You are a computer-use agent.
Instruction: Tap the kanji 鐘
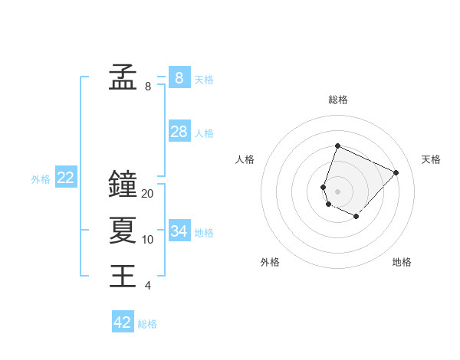(x=123, y=184)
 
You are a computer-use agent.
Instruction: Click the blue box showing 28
(x=179, y=132)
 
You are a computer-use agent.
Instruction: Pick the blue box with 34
(x=179, y=231)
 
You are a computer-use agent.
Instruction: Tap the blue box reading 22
(x=66, y=178)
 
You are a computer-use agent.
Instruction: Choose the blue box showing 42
(x=123, y=322)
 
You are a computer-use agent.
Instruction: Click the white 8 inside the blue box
(x=179, y=77)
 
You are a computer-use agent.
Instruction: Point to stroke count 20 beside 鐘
(x=148, y=194)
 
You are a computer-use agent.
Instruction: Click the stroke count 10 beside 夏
(x=148, y=240)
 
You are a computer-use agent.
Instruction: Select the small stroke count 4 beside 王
(x=148, y=286)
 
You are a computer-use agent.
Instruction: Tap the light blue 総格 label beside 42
(x=147, y=324)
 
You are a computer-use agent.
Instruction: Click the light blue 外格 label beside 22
(x=41, y=179)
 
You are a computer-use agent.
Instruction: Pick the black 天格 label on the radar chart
(x=432, y=159)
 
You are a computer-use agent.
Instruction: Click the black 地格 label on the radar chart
(x=402, y=262)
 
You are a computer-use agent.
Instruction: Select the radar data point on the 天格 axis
(x=396, y=172)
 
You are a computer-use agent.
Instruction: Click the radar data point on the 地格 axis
(x=356, y=217)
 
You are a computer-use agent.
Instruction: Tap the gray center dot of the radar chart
(x=337, y=191)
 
